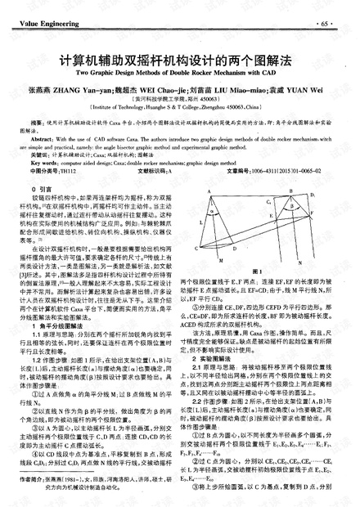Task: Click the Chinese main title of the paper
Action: (x=178, y=59)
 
